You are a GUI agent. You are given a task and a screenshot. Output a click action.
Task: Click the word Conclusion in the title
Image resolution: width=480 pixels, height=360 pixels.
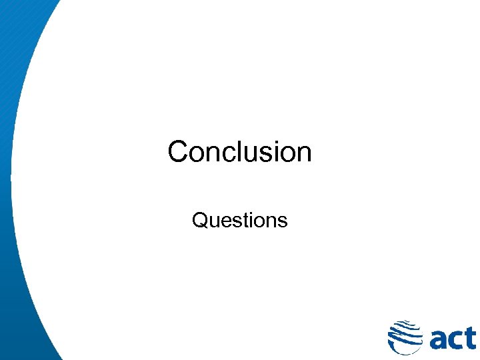click(x=239, y=152)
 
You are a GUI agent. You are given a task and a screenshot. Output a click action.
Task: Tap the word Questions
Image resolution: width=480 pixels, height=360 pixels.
click(x=239, y=220)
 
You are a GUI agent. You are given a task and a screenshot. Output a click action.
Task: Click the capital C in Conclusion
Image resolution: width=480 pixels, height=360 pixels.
click(x=178, y=152)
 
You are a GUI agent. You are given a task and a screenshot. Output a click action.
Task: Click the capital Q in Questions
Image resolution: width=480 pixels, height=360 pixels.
click(x=199, y=220)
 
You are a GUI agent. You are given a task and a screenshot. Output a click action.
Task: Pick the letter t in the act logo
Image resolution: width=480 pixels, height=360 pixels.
click(x=470, y=337)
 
